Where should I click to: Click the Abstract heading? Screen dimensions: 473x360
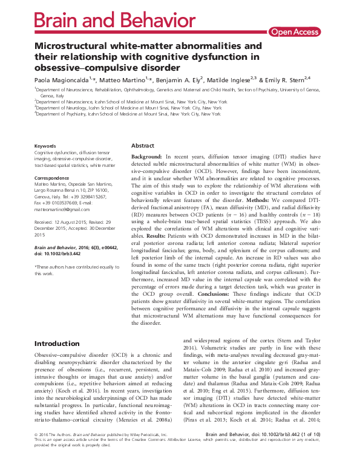coord(143,146)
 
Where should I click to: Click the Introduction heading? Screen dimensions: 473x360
coord(57,344)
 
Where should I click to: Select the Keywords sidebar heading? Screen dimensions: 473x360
coord(45,146)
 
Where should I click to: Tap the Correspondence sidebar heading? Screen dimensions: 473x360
coord(53,179)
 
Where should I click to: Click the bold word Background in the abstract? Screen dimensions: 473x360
coord(149,157)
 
